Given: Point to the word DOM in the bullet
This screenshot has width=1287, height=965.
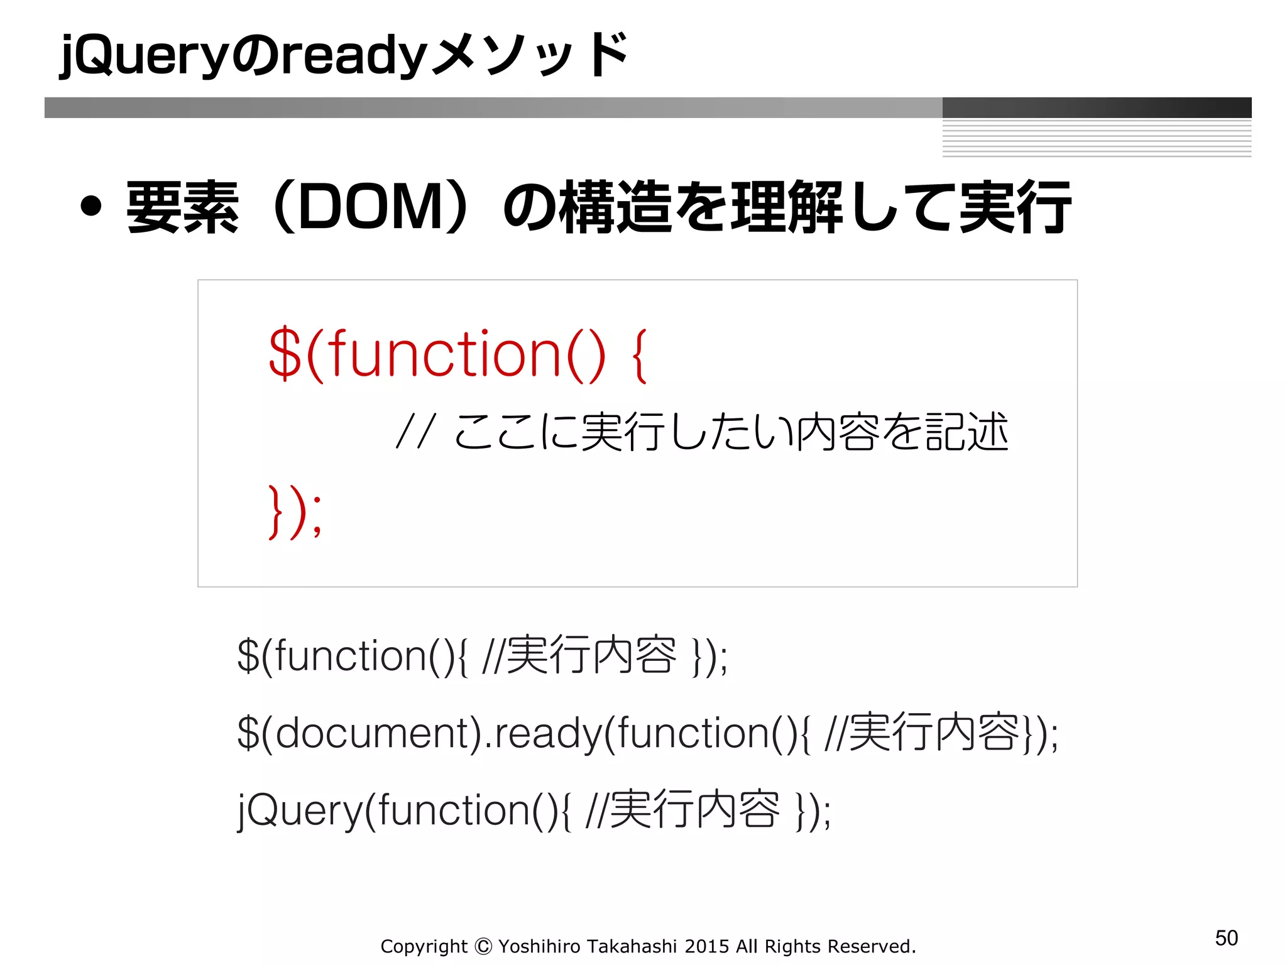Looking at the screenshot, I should pos(371,207).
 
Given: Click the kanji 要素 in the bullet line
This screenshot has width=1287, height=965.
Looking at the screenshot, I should pos(182,207).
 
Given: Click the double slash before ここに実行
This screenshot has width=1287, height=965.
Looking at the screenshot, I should pos(415,432).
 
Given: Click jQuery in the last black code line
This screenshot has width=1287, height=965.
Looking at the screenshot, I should pos(299,810).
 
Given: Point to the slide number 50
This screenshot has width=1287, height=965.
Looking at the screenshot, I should pos(1226,938).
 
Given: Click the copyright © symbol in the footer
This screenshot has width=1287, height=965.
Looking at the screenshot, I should pos(483,946).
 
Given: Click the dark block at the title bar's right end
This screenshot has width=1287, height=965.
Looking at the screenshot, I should pos(1097,107).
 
